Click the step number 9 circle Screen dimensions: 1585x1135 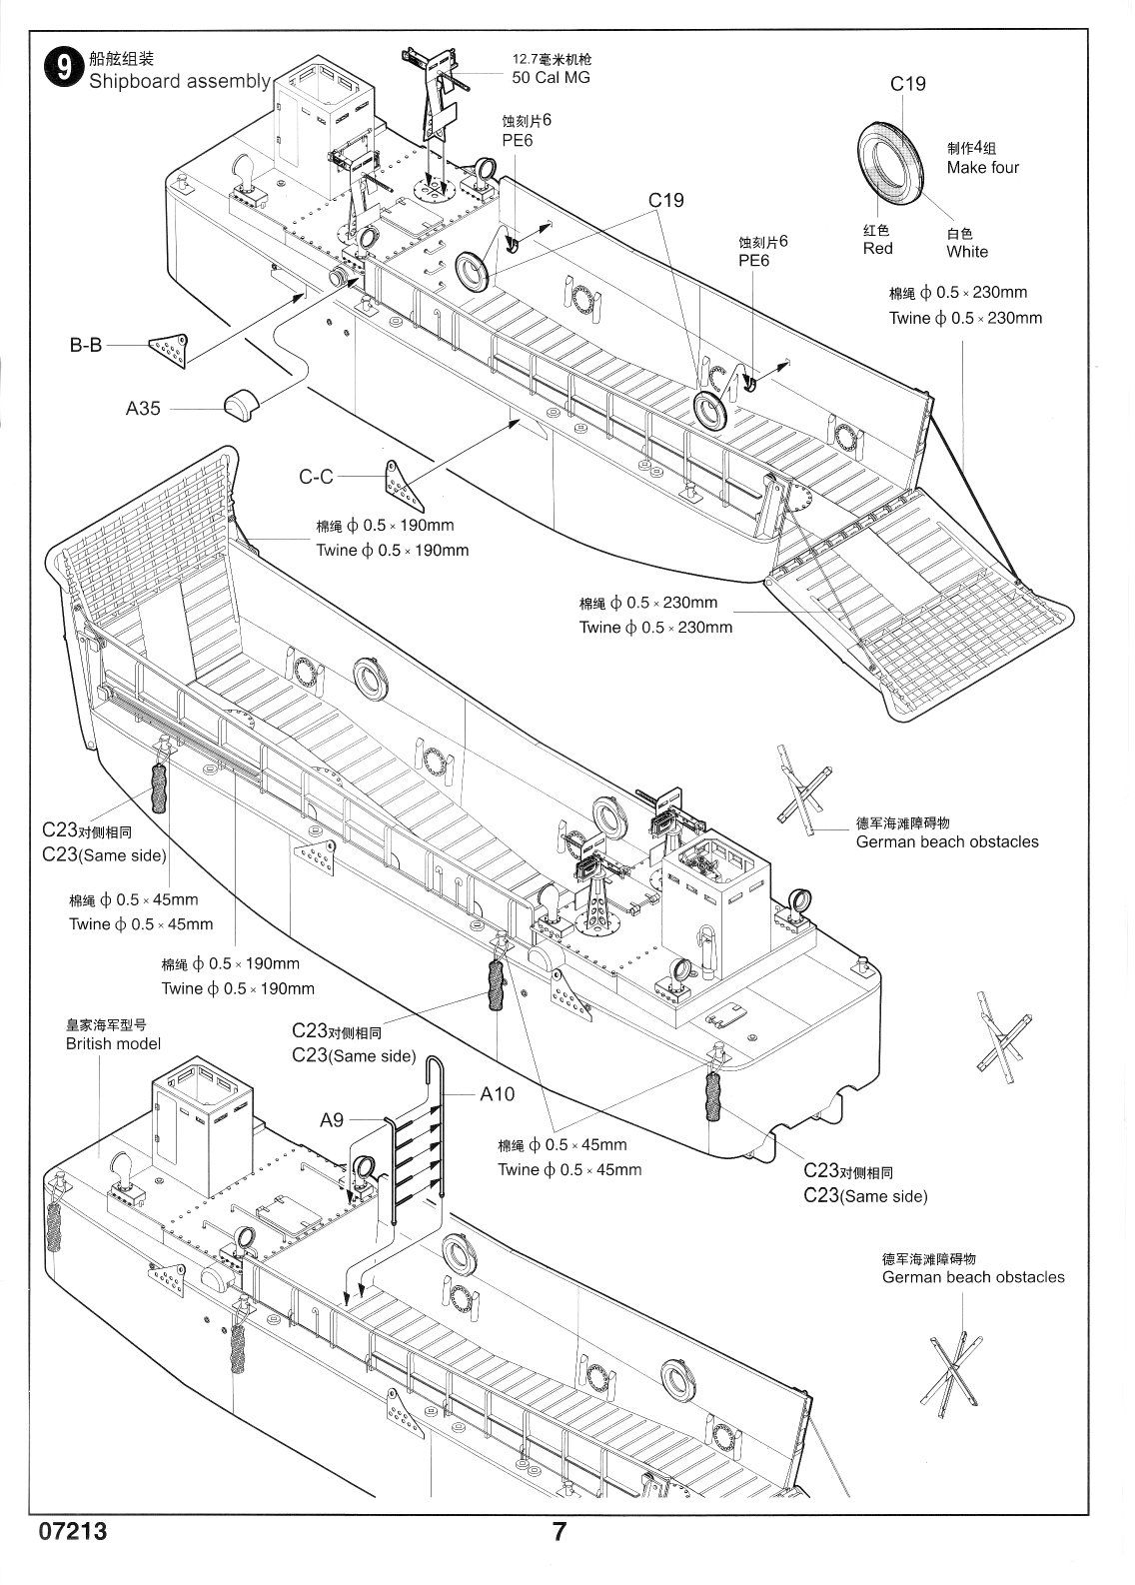(x=62, y=68)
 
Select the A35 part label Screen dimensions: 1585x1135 (x=144, y=408)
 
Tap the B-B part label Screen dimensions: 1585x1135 (x=86, y=347)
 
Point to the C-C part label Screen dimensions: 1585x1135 (x=317, y=477)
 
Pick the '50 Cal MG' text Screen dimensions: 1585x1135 (x=551, y=77)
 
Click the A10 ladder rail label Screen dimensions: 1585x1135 (x=497, y=1094)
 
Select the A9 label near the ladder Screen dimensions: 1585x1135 (x=332, y=1120)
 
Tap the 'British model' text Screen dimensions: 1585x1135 (x=113, y=1044)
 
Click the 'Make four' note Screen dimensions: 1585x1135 (x=983, y=167)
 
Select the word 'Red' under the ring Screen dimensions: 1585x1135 (x=878, y=248)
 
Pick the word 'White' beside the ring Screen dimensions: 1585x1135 (x=967, y=252)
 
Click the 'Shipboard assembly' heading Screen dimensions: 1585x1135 (x=180, y=81)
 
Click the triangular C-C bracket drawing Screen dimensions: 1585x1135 (x=402, y=485)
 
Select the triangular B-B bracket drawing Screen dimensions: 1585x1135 (x=169, y=346)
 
